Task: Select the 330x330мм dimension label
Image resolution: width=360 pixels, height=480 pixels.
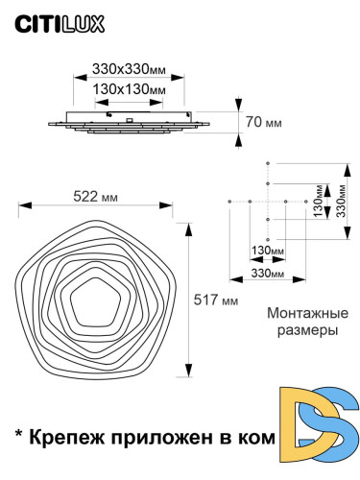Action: click(x=129, y=69)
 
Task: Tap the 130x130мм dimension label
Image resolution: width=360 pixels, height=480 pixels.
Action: click(x=129, y=88)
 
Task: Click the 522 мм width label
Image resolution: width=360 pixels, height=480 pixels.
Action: click(x=97, y=197)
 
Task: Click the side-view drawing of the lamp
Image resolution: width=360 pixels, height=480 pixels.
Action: click(x=130, y=122)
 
